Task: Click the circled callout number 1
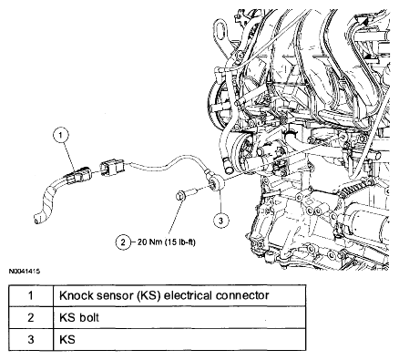pyautogui.click(x=61, y=135)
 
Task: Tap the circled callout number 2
pyautogui.click(x=123, y=242)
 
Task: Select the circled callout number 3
pyautogui.click(x=220, y=221)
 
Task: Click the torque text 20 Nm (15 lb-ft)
pyautogui.click(x=167, y=242)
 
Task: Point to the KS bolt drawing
pyautogui.click(x=187, y=193)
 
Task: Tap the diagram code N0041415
pyautogui.click(x=25, y=271)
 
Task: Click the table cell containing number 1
pyautogui.click(x=31, y=295)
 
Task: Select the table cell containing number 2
pyautogui.click(x=31, y=317)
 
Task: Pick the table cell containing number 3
pyautogui.click(x=31, y=339)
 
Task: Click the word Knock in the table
pyautogui.click(x=76, y=295)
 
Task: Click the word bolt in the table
pyautogui.click(x=89, y=317)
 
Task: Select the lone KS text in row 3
pyautogui.click(x=67, y=339)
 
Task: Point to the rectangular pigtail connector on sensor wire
pyautogui.click(x=112, y=169)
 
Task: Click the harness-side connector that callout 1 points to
pyautogui.click(x=77, y=175)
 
